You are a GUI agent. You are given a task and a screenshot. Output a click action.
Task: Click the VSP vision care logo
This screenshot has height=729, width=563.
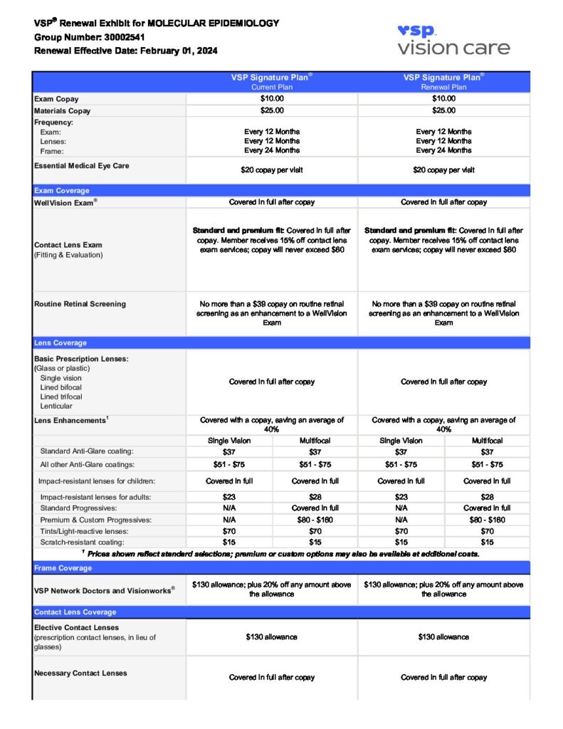(453, 40)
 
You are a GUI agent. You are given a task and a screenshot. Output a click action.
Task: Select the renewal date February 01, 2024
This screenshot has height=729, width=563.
(179, 51)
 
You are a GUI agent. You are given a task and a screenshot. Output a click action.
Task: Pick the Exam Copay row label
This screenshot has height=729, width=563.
(57, 99)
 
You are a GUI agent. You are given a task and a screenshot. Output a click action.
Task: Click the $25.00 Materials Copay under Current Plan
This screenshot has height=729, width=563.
(272, 110)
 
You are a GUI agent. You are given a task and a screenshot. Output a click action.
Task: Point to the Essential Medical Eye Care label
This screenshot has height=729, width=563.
(82, 166)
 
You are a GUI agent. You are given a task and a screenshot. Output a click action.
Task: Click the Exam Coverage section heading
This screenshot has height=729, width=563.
(62, 191)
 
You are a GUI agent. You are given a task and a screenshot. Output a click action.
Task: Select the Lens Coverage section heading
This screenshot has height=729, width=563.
(60, 342)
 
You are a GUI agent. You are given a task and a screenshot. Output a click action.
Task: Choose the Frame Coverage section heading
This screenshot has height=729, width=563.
(63, 568)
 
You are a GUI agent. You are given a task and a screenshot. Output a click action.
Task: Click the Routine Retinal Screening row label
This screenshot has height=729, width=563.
(80, 304)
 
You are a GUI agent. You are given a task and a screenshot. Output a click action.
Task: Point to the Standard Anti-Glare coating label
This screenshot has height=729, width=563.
(87, 451)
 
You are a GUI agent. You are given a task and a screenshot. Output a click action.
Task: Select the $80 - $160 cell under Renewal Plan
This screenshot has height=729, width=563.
(487, 520)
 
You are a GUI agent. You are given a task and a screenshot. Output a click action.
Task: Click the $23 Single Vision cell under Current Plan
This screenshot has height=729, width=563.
(229, 497)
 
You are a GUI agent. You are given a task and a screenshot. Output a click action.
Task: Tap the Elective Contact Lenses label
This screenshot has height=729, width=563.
(77, 628)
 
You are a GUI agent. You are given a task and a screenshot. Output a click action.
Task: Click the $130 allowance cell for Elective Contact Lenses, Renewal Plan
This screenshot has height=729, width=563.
(443, 637)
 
